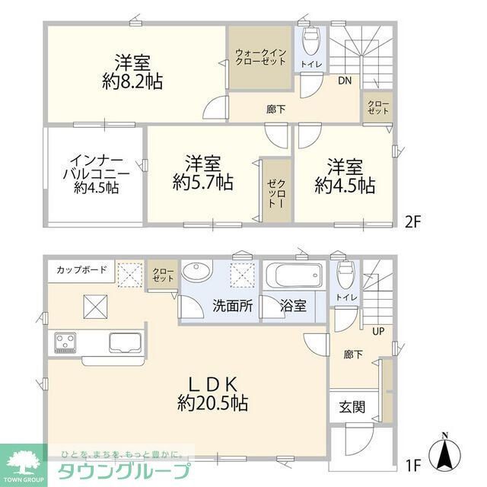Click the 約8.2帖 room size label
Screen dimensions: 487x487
[132, 80]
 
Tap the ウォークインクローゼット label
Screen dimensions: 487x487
[260, 58]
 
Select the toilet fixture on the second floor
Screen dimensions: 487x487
[312, 39]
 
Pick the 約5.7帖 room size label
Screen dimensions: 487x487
[202, 183]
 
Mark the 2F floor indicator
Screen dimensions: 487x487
[413, 222]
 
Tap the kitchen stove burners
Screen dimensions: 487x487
[63, 342]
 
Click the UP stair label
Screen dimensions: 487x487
[377, 332]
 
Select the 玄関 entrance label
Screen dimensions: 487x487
[352, 406]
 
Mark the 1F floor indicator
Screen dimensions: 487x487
[413, 461]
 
